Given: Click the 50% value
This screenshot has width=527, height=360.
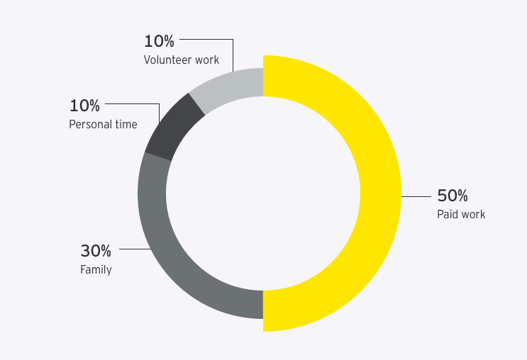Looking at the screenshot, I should [452, 196].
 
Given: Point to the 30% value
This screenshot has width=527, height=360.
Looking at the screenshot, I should [96, 251].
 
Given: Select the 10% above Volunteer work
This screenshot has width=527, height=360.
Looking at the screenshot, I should [159, 41].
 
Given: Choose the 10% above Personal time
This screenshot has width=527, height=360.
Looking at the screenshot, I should [84, 106].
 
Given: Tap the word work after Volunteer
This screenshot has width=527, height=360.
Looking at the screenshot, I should [206, 60].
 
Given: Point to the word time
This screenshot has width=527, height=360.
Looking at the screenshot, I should [126, 125].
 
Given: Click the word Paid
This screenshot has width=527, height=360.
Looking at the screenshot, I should [448, 214].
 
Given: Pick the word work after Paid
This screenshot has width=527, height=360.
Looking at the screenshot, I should [474, 214].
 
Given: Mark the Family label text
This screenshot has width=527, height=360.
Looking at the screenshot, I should [96, 269].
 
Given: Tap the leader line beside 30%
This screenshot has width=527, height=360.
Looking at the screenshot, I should [134, 249].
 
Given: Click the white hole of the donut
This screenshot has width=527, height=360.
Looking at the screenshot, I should [263, 193].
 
